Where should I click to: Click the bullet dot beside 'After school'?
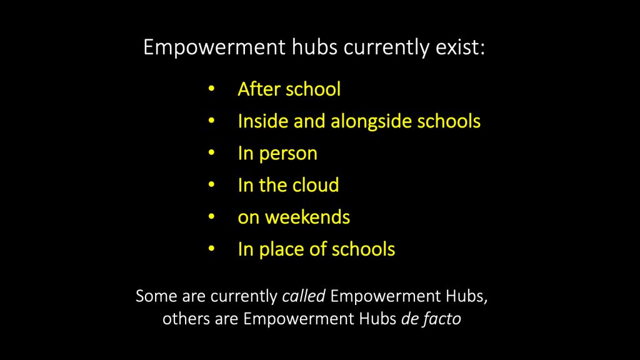tap(211, 89)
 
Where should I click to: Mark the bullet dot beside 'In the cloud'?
tap(211, 186)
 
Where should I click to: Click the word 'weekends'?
tap(307, 217)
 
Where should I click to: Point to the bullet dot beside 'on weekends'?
tap(211, 217)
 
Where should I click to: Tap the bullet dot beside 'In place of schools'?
tap(211, 249)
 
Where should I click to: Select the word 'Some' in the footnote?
tap(152, 296)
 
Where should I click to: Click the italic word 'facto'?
tap(442, 319)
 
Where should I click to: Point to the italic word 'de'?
tap(409, 319)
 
